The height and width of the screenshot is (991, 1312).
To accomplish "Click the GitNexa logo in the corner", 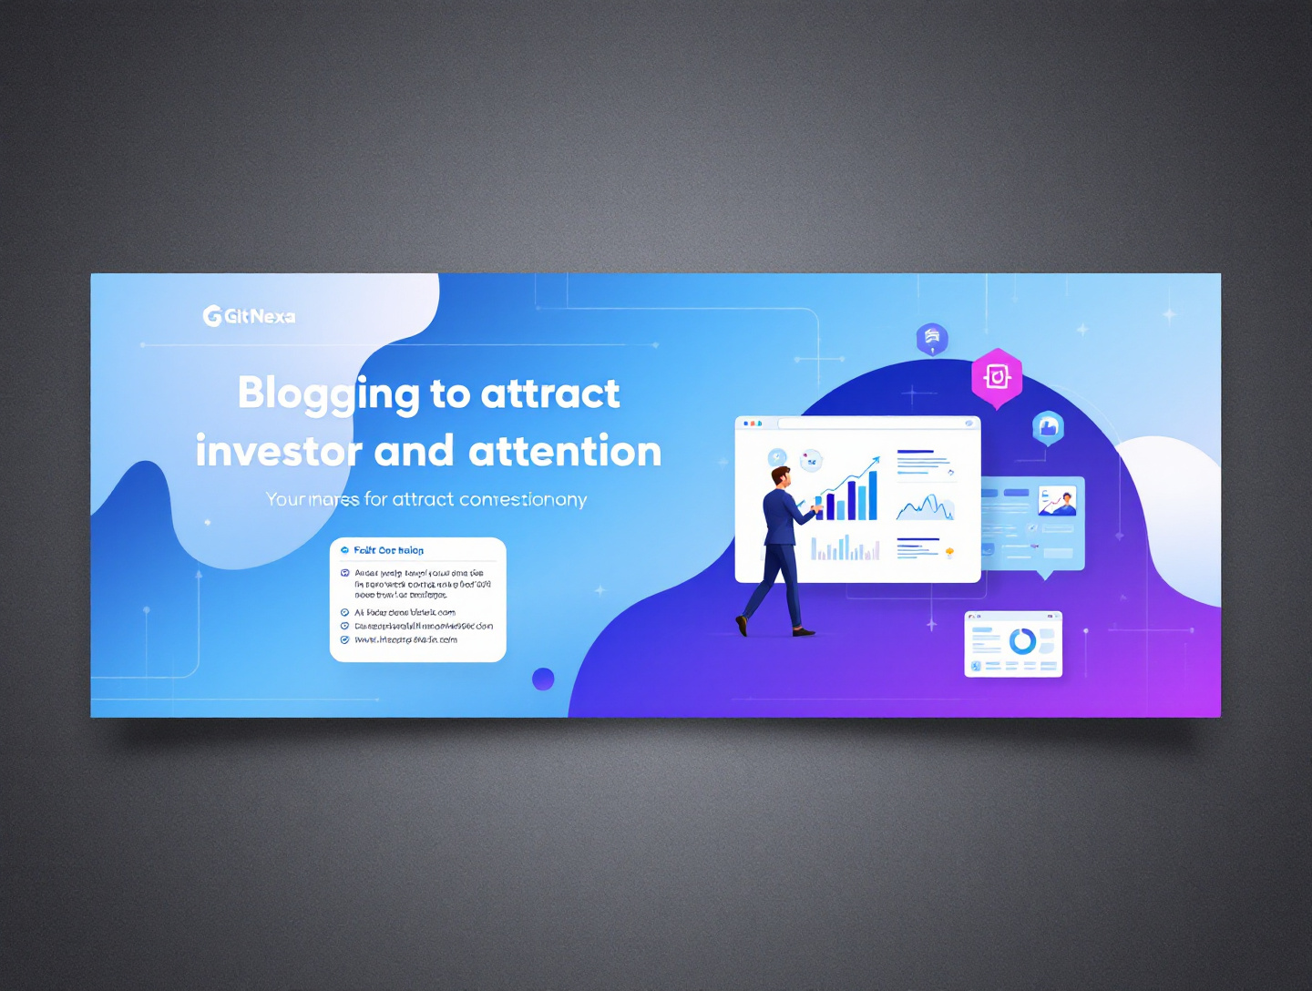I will pyautogui.click(x=249, y=316).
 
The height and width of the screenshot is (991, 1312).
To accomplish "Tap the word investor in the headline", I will pyautogui.click(x=279, y=452).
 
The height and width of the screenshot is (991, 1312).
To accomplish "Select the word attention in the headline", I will pyautogui.click(x=565, y=452).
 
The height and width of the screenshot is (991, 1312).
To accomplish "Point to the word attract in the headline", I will pyautogui.click(x=550, y=393).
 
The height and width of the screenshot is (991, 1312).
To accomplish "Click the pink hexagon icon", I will pyautogui.click(x=997, y=376).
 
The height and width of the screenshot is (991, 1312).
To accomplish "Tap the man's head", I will pyautogui.click(x=781, y=475).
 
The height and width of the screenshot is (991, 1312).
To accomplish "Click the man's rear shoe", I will pyautogui.click(x=742, y=625).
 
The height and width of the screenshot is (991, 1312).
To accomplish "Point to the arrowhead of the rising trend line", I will pyautogui.click(x=876, y=460).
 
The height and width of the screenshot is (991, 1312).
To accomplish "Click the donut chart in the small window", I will pyautogui.click(x=1022, y=641).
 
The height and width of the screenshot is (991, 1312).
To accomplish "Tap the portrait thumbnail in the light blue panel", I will pyautogui.click(x=1058, y=500).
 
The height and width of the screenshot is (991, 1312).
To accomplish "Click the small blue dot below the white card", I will pyautogui.click(x=543, y=679).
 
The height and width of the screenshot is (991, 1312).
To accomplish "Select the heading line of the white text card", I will pyautogui.click(x=388, y=550).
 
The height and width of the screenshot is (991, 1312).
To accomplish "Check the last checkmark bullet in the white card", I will pyautogui.click(x=344, y=639).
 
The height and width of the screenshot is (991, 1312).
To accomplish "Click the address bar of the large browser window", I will pyautogui.click(x=875, y=424).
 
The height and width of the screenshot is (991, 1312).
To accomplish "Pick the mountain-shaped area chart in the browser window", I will pyautogui.click(x=926, y=507).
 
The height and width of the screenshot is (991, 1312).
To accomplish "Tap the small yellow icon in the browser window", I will pyautogui.click(x=949, y=552).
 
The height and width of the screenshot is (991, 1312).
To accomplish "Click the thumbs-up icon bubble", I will pyautogui.click(x=1048, y=426).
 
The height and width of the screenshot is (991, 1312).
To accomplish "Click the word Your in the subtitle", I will pyautogui.click(x=285, y=499).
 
